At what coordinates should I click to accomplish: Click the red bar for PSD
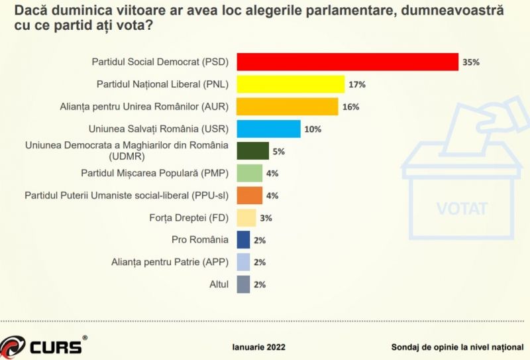tap(347, 62)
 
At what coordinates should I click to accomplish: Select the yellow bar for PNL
tap(290, 84)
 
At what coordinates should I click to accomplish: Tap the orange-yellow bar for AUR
tap(287, 107)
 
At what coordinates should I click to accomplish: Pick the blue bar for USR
tap(268, 129)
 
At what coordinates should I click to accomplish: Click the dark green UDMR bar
tap(252, 151)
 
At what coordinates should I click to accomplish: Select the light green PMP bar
tap(249, 173)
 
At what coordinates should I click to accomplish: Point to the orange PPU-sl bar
tap(249, 196)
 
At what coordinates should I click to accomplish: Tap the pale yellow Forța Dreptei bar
tap(246, 217)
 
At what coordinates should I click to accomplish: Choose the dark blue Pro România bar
tap(243, 239)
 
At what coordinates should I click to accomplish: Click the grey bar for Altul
tap(243, 284)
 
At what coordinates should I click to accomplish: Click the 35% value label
tap(471, 62)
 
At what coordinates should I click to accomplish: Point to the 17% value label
tap(358, 85)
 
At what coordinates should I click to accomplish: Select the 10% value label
tap(313, 129)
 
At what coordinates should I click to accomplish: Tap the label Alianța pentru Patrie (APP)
tap(168, 262)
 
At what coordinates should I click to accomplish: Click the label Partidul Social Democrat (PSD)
tap(159, 62)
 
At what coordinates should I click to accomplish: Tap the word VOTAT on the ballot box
tap(462, 209)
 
